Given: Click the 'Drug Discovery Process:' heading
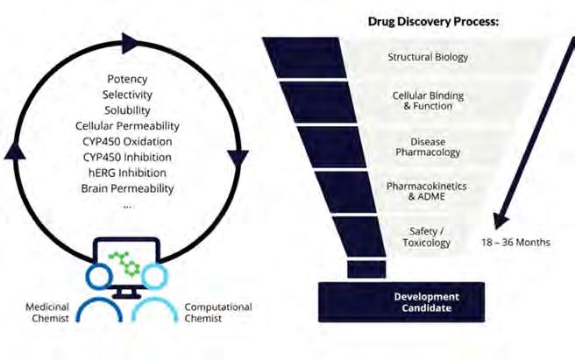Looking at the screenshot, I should (433, 21).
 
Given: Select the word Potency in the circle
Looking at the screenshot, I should (127, 79).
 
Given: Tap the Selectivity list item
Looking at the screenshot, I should (127, 95).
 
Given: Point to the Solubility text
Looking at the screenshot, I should (127, 110).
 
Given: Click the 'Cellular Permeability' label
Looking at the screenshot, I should (127, 126).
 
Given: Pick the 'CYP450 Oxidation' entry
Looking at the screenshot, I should (127, 142).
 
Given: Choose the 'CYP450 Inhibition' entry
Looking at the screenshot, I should (127, 158).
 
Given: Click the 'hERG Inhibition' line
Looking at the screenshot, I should (127, 173).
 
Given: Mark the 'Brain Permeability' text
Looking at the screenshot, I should (127, 188).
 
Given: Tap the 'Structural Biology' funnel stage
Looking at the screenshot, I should (428, 58).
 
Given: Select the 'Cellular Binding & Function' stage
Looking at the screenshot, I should (428, 100).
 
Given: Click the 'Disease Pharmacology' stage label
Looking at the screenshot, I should (428, 146).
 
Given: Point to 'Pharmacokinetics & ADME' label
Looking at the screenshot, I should (428, 192).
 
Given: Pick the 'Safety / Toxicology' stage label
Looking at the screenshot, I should (428, 236).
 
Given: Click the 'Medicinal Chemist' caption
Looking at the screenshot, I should (44, 312).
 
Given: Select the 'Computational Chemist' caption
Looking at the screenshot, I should (217, 312).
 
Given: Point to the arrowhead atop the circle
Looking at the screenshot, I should (130, 41).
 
